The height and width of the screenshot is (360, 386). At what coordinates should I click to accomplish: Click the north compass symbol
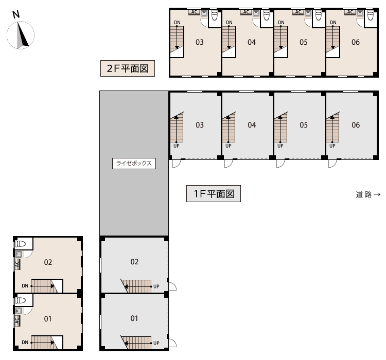[x=21, y=35]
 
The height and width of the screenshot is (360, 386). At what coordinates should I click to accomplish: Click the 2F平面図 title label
[x=128, y=68]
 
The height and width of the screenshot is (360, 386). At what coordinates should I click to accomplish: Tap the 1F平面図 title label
[x=214, y=194]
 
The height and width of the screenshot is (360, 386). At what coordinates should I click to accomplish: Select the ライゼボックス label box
[x=134, y=164]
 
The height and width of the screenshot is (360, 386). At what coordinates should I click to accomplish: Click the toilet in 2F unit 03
[x=215, y=15]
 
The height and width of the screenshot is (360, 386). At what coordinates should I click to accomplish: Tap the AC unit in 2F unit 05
[x=298, y=12]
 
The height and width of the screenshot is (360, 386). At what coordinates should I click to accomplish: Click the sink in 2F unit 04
[x=256, y=13]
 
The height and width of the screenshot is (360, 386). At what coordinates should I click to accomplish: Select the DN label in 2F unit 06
[x=333, y=23]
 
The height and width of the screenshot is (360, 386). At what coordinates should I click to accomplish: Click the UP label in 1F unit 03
[x=177, y=146]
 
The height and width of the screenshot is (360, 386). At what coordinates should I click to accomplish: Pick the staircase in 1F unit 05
[x=281, y=127]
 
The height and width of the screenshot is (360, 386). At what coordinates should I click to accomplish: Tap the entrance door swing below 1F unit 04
[x=229, y=164]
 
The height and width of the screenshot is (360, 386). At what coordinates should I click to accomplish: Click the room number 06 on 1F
[x=356, y=125]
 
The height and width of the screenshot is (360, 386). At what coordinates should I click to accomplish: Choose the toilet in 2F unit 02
[x=21, y=244]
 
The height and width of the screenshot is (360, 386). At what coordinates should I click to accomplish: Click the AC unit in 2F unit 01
[x=17, y=320]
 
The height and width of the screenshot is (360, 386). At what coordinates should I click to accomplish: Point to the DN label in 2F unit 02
[x=25, y=286]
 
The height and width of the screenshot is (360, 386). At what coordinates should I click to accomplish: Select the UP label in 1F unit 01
[x=156, y=343]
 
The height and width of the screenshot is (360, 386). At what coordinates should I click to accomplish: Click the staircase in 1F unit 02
[x=136, y=286]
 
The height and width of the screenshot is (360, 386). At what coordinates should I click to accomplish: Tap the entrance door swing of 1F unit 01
[x=172, y=343]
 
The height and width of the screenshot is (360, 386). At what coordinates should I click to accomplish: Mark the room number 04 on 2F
[x=252, y=42]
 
